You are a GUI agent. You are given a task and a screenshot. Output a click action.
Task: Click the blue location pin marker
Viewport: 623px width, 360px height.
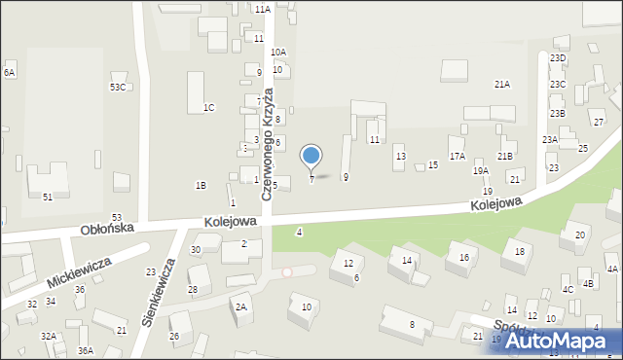(x=311, y=156)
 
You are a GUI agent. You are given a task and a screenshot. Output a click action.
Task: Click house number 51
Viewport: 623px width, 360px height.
(x=48, y=198)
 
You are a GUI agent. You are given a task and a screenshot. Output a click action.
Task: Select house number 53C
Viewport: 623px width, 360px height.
(x=117, y=88)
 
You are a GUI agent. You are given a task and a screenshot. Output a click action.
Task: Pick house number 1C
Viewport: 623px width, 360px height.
(x=208, y=107)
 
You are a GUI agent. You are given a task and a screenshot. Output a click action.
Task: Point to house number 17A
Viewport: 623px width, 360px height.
(x=457, y=156)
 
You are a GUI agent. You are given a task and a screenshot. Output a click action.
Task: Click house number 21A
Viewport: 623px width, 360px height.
(x=501, y=85)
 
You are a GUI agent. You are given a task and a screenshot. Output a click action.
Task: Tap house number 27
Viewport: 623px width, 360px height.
(x=599, y=122)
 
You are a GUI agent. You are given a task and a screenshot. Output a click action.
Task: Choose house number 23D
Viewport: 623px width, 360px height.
(x=558, y=58)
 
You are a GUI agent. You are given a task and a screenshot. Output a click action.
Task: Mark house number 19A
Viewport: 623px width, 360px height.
(x=481, y=171)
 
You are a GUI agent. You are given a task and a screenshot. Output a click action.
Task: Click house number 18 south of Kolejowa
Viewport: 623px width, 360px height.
(x=520, y=252)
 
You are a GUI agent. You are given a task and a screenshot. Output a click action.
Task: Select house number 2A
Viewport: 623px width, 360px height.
(x=240, y=307)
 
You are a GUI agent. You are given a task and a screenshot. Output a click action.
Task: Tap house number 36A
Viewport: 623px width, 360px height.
(x=86, y=350)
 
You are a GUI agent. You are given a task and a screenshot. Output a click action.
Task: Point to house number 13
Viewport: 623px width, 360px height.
(x=400, y=156)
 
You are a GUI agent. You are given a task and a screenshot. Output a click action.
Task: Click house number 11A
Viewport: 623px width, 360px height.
(x=264, y=9)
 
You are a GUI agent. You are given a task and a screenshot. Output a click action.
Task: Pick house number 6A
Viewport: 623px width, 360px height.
(x=9, y=73)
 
